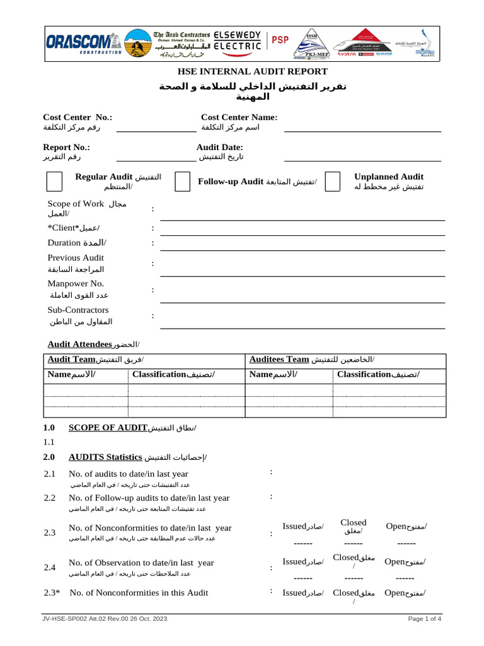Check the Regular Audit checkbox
click(x=55, y=181)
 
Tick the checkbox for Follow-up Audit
click(x=182, y=181)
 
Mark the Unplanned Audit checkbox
click(x=333, y=181)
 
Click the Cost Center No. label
click(x=78, y=117)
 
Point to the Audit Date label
click(x=220, y=147)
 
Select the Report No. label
click(x=66, y=147)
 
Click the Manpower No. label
click(x=76, y=284)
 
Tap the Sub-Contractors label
click(x=78, y=310)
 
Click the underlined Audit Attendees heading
click(x=80, y=344)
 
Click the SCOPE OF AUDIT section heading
click(x=108, y=428)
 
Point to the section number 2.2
click(x=50, y=498)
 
